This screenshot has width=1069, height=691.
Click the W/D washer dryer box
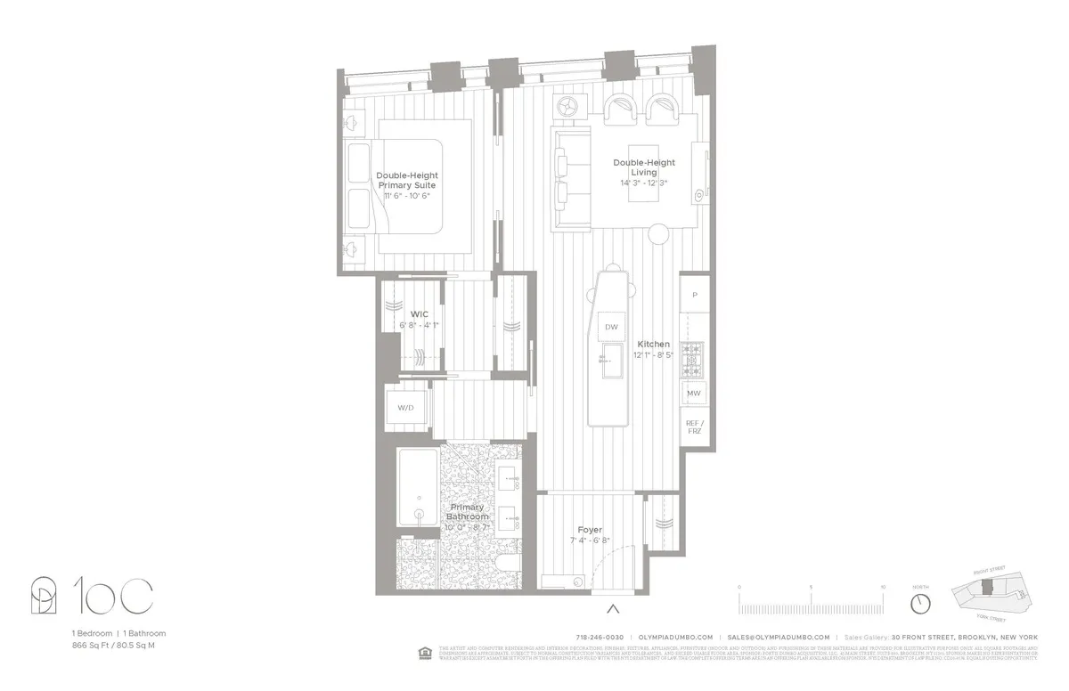coord(405,407)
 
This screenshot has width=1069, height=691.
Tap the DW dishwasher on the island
coord(611,327)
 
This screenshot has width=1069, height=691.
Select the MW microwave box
coord(694,393)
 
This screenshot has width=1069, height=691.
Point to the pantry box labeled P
coord(694,295)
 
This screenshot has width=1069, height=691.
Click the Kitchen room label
coord(653,344)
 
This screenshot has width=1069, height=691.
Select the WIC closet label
coord(419,314)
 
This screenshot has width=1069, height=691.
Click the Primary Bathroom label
coord(468,512)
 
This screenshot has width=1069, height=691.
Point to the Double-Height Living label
coord(643,167)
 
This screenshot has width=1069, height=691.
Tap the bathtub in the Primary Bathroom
coord(417,489)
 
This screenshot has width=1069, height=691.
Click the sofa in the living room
coord(570,178)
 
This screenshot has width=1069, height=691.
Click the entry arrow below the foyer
coord(612,609)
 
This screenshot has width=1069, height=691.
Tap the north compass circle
coord(920,603)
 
